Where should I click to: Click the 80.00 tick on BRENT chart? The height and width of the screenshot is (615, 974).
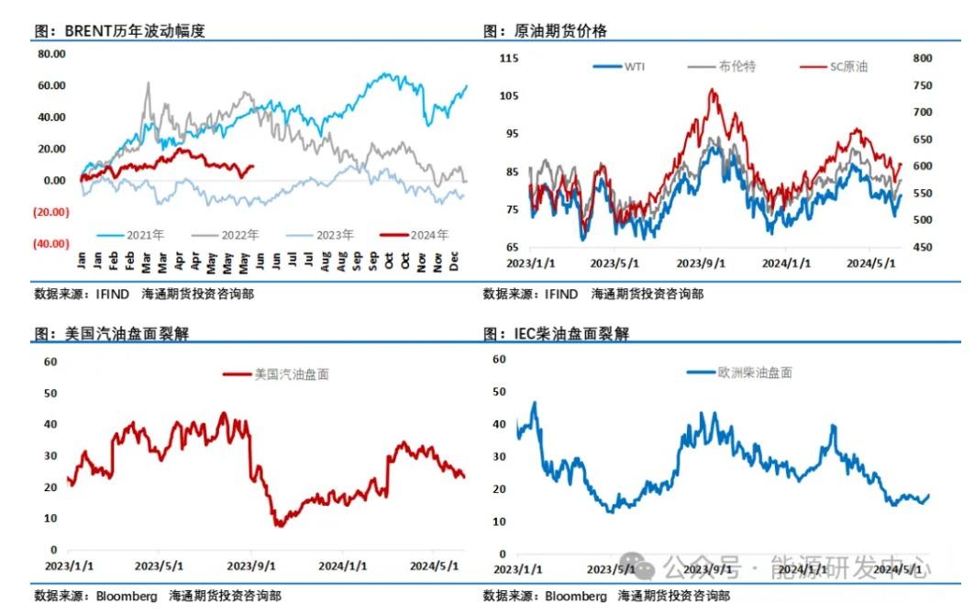[x=51, y=54]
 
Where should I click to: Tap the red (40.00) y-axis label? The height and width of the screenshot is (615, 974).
[x=51, y=243]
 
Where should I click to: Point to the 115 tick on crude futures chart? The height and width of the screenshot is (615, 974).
[x=508, y=58]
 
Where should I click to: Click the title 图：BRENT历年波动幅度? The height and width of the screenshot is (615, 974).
[x=119, y=30]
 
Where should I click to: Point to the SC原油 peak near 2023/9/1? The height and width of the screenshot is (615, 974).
[x=712, y=89]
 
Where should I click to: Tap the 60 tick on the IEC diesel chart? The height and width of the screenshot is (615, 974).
[x=500, y=359]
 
